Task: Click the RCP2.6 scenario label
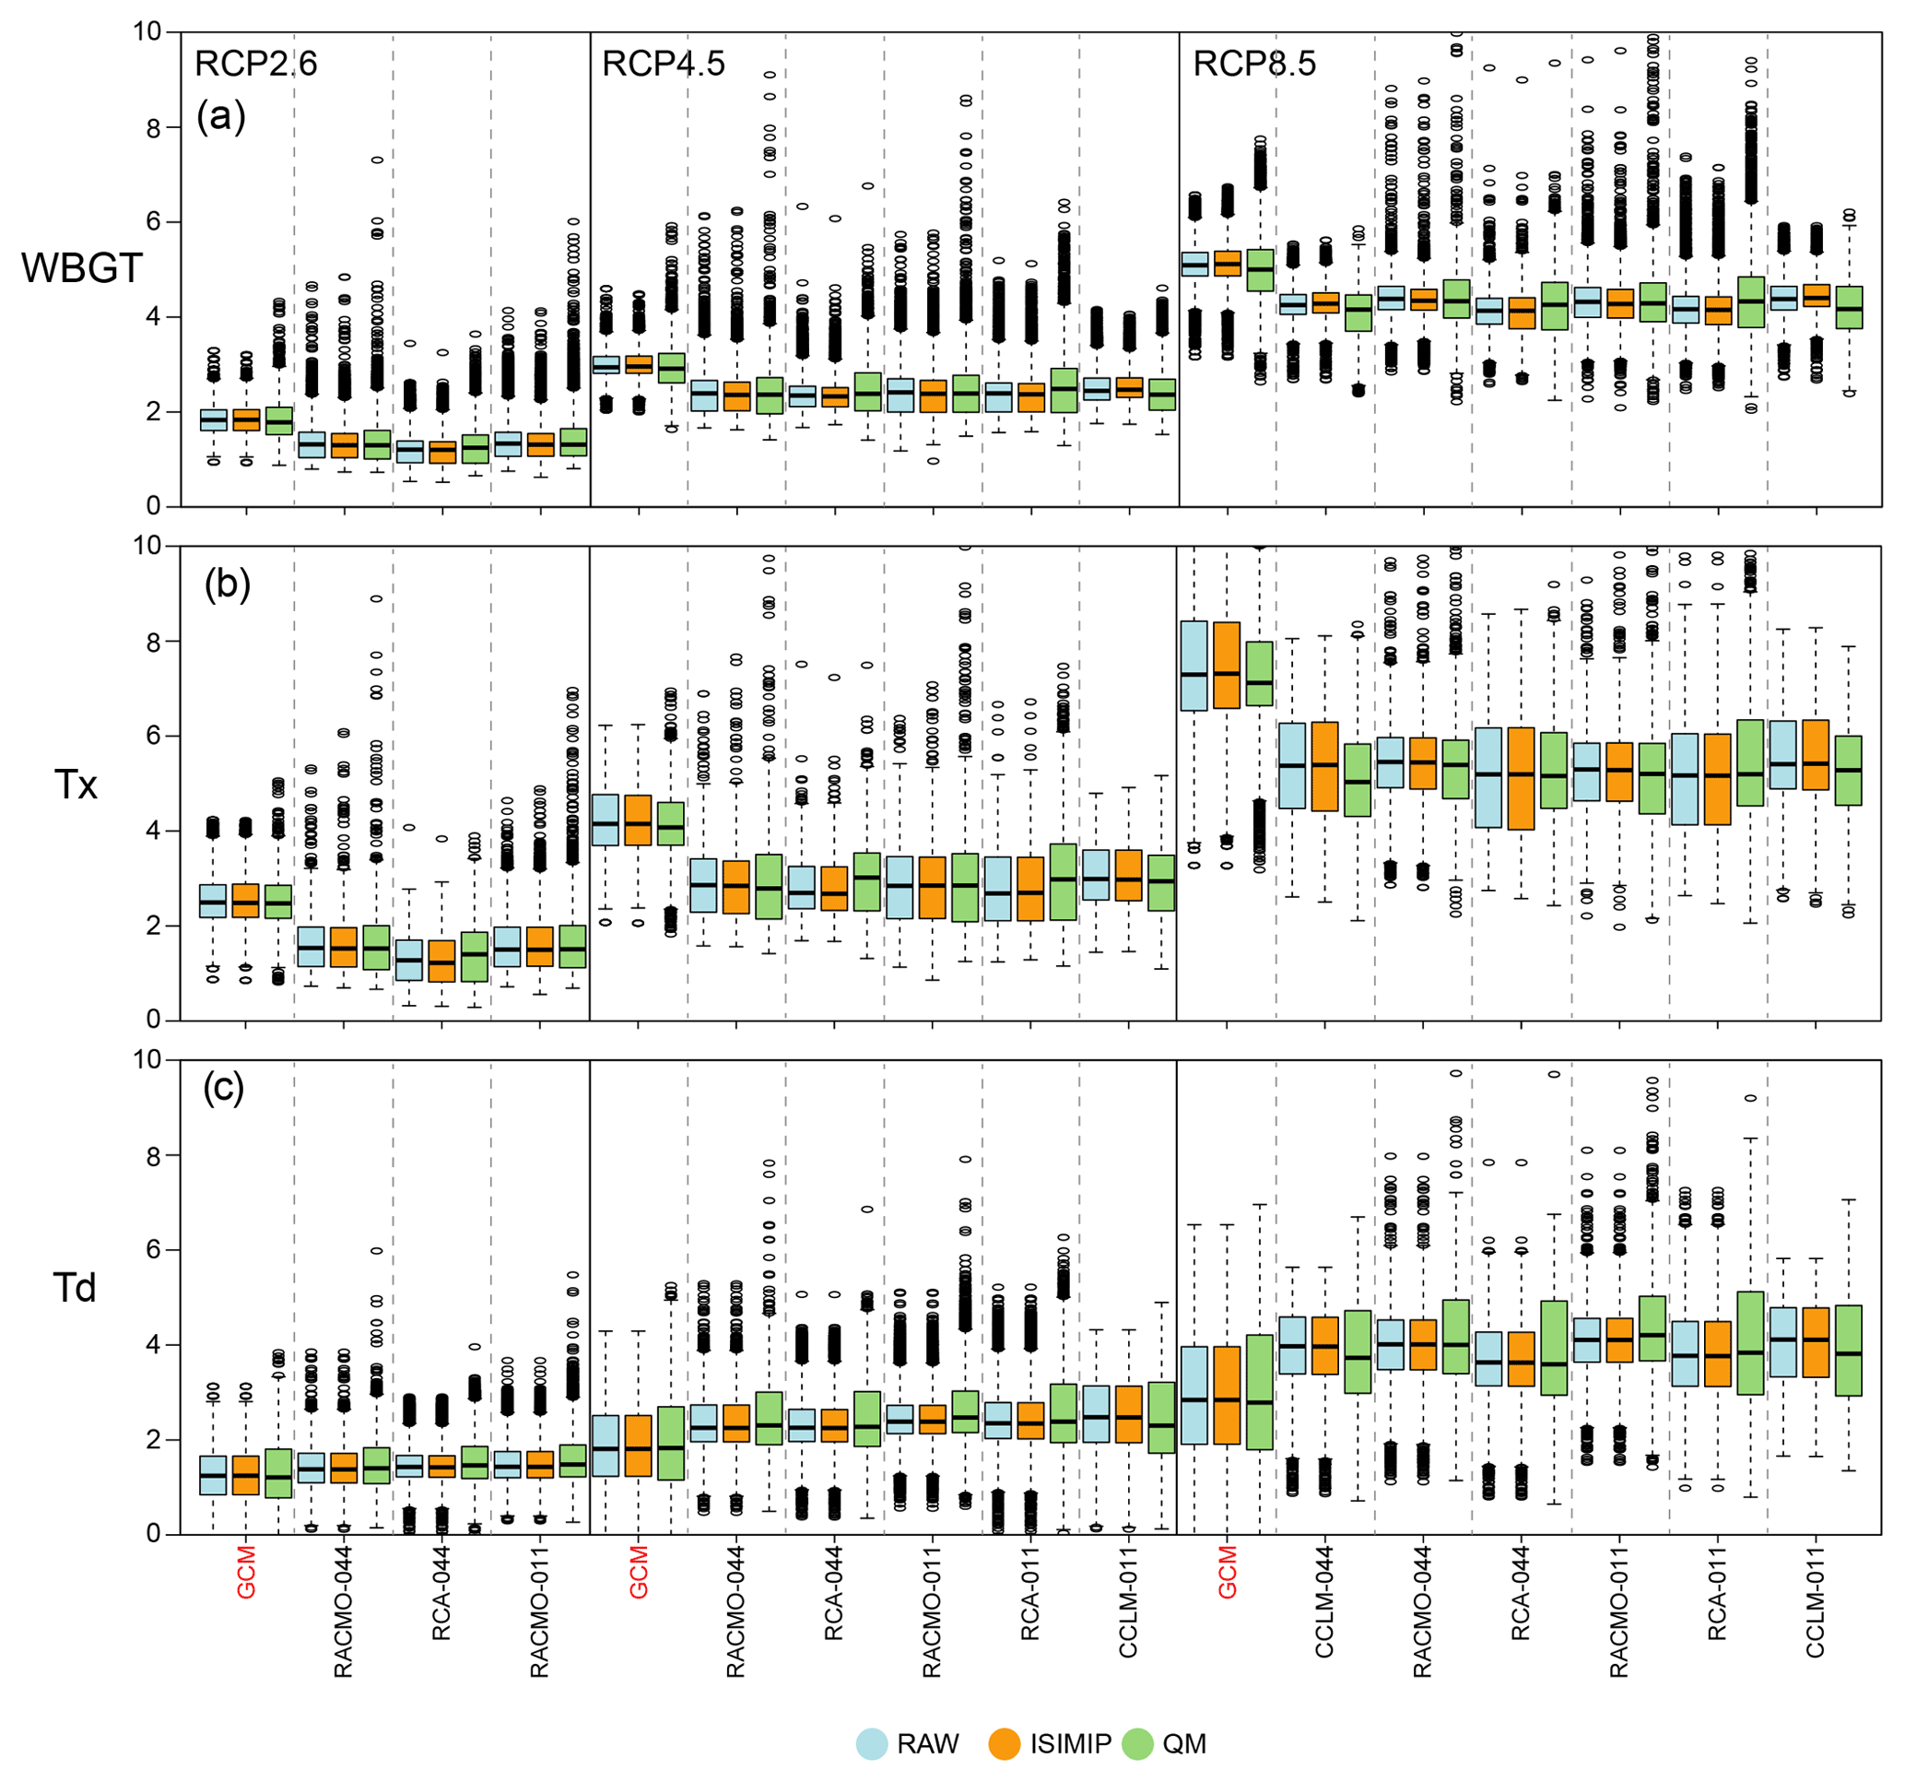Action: [255, 65]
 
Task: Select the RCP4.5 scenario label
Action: [663, 65]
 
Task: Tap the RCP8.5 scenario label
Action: [1254, 65]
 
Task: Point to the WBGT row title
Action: [81, 268]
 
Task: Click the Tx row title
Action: [76, 785]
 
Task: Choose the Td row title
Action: [75, 1288]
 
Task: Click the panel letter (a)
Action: [221, 117]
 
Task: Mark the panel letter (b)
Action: [227, 584]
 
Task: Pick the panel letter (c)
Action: [223, 1088]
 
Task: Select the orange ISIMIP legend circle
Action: [1004, 1743]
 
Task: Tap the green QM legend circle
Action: [1136, 1743]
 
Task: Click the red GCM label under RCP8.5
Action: [1228, 1572]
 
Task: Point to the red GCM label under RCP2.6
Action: [246, 1572]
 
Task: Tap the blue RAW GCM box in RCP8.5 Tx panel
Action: [1194, 666]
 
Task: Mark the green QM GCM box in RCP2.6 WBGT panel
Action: [279, 420]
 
